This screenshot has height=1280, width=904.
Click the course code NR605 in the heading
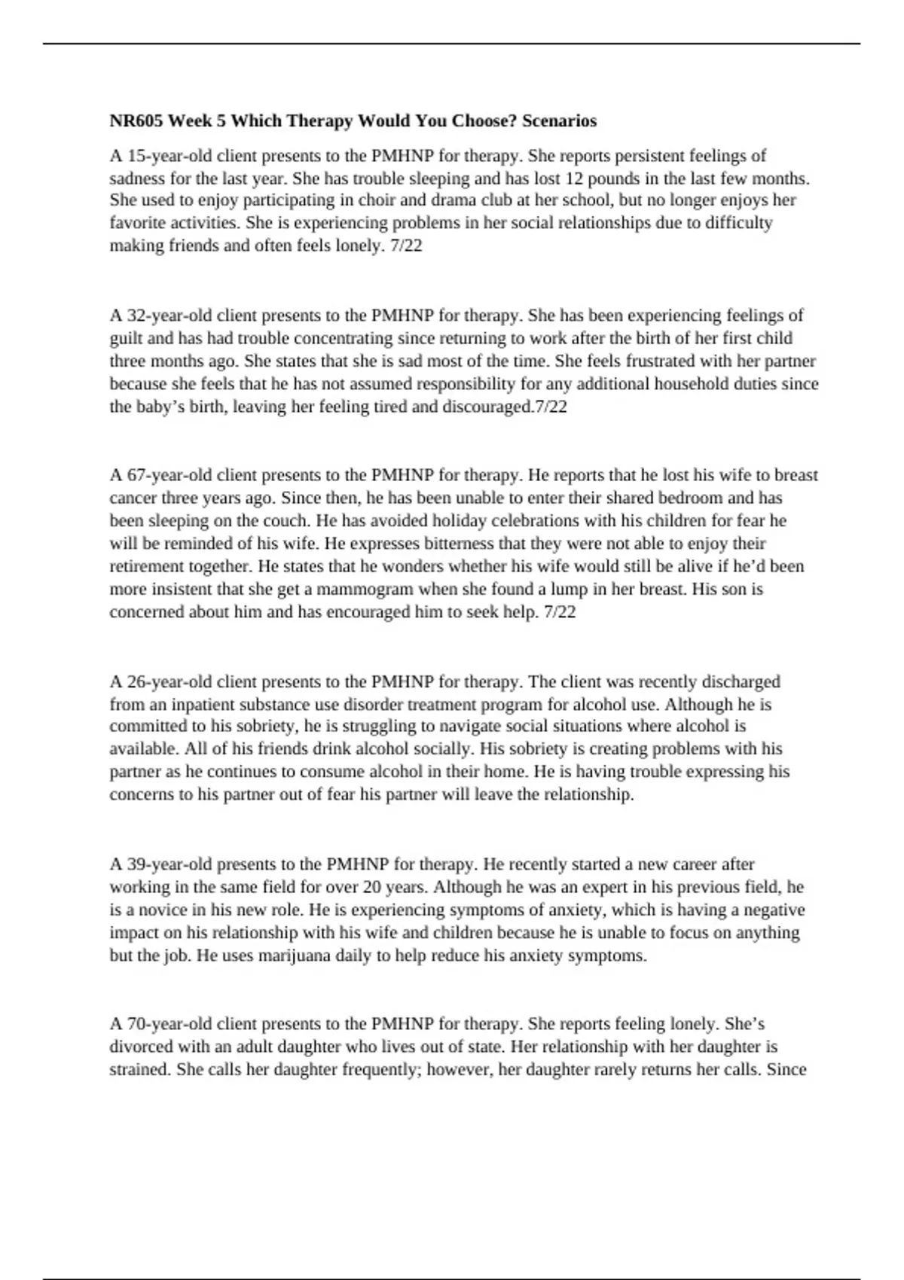[x=136, y=120]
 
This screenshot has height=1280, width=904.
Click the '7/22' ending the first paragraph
[x=407, y=245]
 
